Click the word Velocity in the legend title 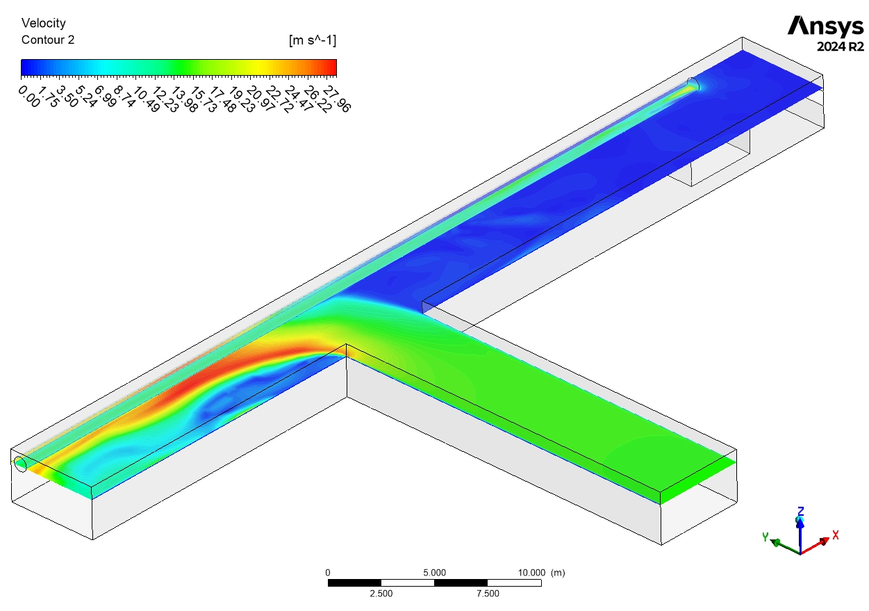[x=44, y=24]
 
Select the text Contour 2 [x=48, y=40]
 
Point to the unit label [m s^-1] [x=313, y=40]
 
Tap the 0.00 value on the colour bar [x=29, y=97]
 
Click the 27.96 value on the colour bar [x=337, y=99]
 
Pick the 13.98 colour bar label [x=184, y=99]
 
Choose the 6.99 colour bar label [x=106, y=97]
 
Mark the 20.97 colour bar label [x=260, y=99]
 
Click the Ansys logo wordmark [x=825, y=26]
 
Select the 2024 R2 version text [x=841, y=47]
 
